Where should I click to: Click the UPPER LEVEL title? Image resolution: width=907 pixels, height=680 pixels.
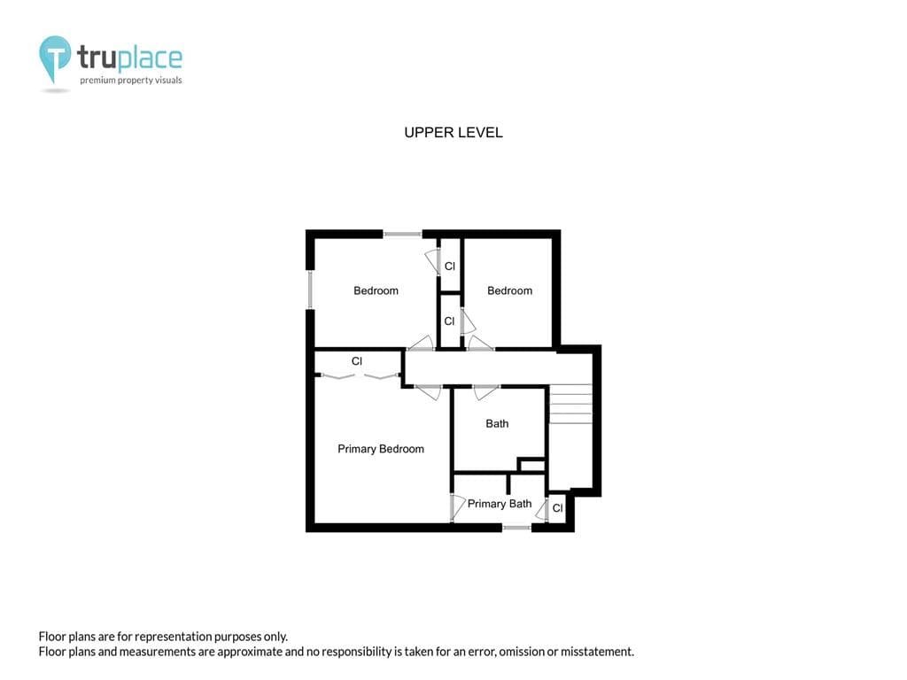(x=453, y=133)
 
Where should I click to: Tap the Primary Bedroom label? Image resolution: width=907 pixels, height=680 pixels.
(x=381, y=449)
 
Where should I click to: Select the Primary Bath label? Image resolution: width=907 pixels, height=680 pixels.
(x=500, y=504)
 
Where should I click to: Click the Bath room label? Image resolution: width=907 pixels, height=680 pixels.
(x=497, y=424)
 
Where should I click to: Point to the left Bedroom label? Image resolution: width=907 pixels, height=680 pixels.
(x=376, y=290)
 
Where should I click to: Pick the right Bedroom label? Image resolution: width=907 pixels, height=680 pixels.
(x=509, y=290)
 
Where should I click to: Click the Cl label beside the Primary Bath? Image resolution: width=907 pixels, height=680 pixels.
(x=558, y=508)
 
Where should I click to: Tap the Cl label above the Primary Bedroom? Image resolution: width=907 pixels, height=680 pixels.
(x=357, y=361)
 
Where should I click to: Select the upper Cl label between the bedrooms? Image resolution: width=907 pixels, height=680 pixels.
(x=449, y=267)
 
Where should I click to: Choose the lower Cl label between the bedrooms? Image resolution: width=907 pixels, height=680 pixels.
(x=449, y=321)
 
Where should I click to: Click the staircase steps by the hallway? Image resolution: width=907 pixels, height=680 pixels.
(x=570, y=404)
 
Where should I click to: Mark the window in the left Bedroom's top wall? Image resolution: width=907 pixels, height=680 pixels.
(x=403, y=234)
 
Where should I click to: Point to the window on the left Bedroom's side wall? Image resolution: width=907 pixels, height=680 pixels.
(x=310, y=290)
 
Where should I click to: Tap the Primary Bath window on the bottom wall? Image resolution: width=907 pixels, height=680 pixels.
(x=516, y=528)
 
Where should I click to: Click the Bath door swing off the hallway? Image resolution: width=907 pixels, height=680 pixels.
(x=486, y=392)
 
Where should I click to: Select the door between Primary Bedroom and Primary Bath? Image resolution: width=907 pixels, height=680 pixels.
(x=458, y=506)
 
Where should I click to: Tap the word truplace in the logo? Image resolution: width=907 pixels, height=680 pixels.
(x=129, y=58)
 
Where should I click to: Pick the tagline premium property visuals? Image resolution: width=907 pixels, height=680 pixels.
(x=131, y=81)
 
